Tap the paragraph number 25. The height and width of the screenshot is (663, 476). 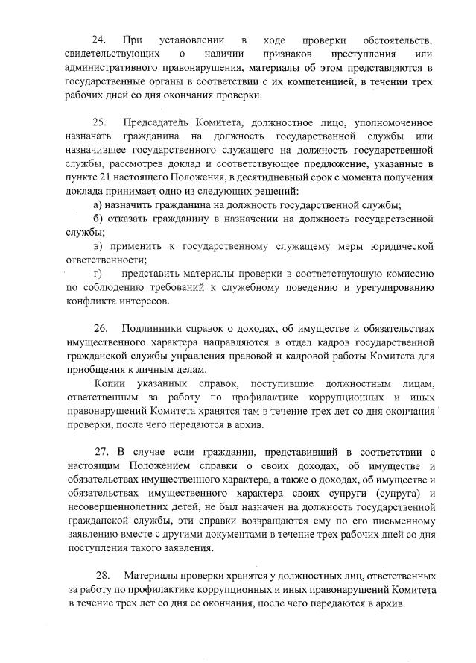(x=100, y=122)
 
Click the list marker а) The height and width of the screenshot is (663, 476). (x=97, y=205)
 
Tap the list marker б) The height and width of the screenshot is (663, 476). (x=97, y=219)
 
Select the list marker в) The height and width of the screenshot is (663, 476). (x=97, y=247)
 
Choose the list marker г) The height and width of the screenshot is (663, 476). (x=96, y=274)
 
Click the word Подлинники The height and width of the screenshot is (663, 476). (x=156, y=328)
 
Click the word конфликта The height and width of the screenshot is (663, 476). (x=92, y=302)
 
